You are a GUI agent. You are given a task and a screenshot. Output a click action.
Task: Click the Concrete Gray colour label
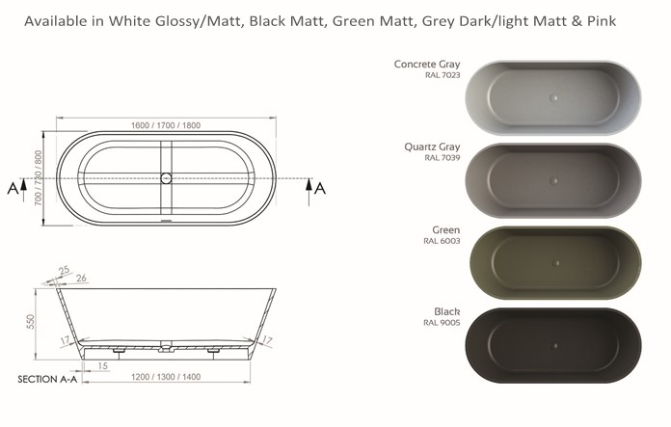[x=427, y=65]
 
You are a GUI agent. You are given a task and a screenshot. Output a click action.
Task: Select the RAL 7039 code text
[x=443, y=158]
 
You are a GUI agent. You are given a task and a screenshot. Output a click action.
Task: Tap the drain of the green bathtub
[x=556, y=263]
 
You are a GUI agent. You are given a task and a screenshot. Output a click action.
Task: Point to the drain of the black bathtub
[x=555, y=346]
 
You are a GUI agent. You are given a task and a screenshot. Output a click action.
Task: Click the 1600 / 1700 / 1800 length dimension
[x=166, y=125]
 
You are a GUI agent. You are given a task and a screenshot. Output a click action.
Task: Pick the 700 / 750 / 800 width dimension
[x=39, y=177]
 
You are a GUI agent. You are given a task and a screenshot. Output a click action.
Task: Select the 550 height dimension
[x=31, y=322]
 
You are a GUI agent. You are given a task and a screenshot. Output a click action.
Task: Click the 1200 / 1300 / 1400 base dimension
[x=166, y=377]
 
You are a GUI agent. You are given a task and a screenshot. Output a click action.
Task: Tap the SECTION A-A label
[x=47, y=379]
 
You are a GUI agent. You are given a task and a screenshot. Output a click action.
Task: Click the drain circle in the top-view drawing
[x=166, y=178]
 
